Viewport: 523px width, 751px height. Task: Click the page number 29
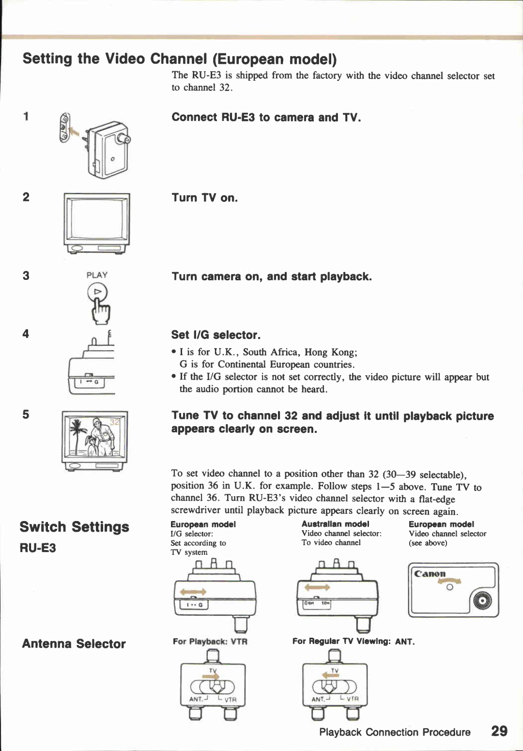click(x=499, y=731)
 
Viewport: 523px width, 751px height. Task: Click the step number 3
click(x=26, y=276)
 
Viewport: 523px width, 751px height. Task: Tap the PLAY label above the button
click(x=97, y=275)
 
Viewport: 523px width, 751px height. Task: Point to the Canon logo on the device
click(x=430, y=574)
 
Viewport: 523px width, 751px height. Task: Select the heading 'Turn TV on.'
click(x=204, y=198)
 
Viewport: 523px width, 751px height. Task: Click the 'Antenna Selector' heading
click(x=74, y=644)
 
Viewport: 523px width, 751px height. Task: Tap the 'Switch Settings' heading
click(x=74, y=527)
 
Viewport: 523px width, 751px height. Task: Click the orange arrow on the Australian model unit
click(x=317, y=587)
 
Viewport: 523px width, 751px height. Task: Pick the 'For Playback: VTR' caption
click(x=210, y=642)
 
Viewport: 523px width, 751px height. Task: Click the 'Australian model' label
click(x=335, y=524)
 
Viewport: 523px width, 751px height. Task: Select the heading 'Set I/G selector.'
click(x=215, y=335)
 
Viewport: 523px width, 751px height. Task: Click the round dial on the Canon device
click(x=482, y=601)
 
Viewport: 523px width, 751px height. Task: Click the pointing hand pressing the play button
click(x=101, y=311)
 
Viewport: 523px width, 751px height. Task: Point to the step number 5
click(x=26, y=414)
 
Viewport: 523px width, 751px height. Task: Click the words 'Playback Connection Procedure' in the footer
click(x=395, y=732)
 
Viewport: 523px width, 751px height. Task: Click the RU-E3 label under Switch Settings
click(x=38, y=548)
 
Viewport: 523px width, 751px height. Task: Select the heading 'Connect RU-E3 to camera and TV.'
click(x=266, y=118)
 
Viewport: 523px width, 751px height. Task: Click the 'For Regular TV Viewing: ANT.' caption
click(x=353, y=642)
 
